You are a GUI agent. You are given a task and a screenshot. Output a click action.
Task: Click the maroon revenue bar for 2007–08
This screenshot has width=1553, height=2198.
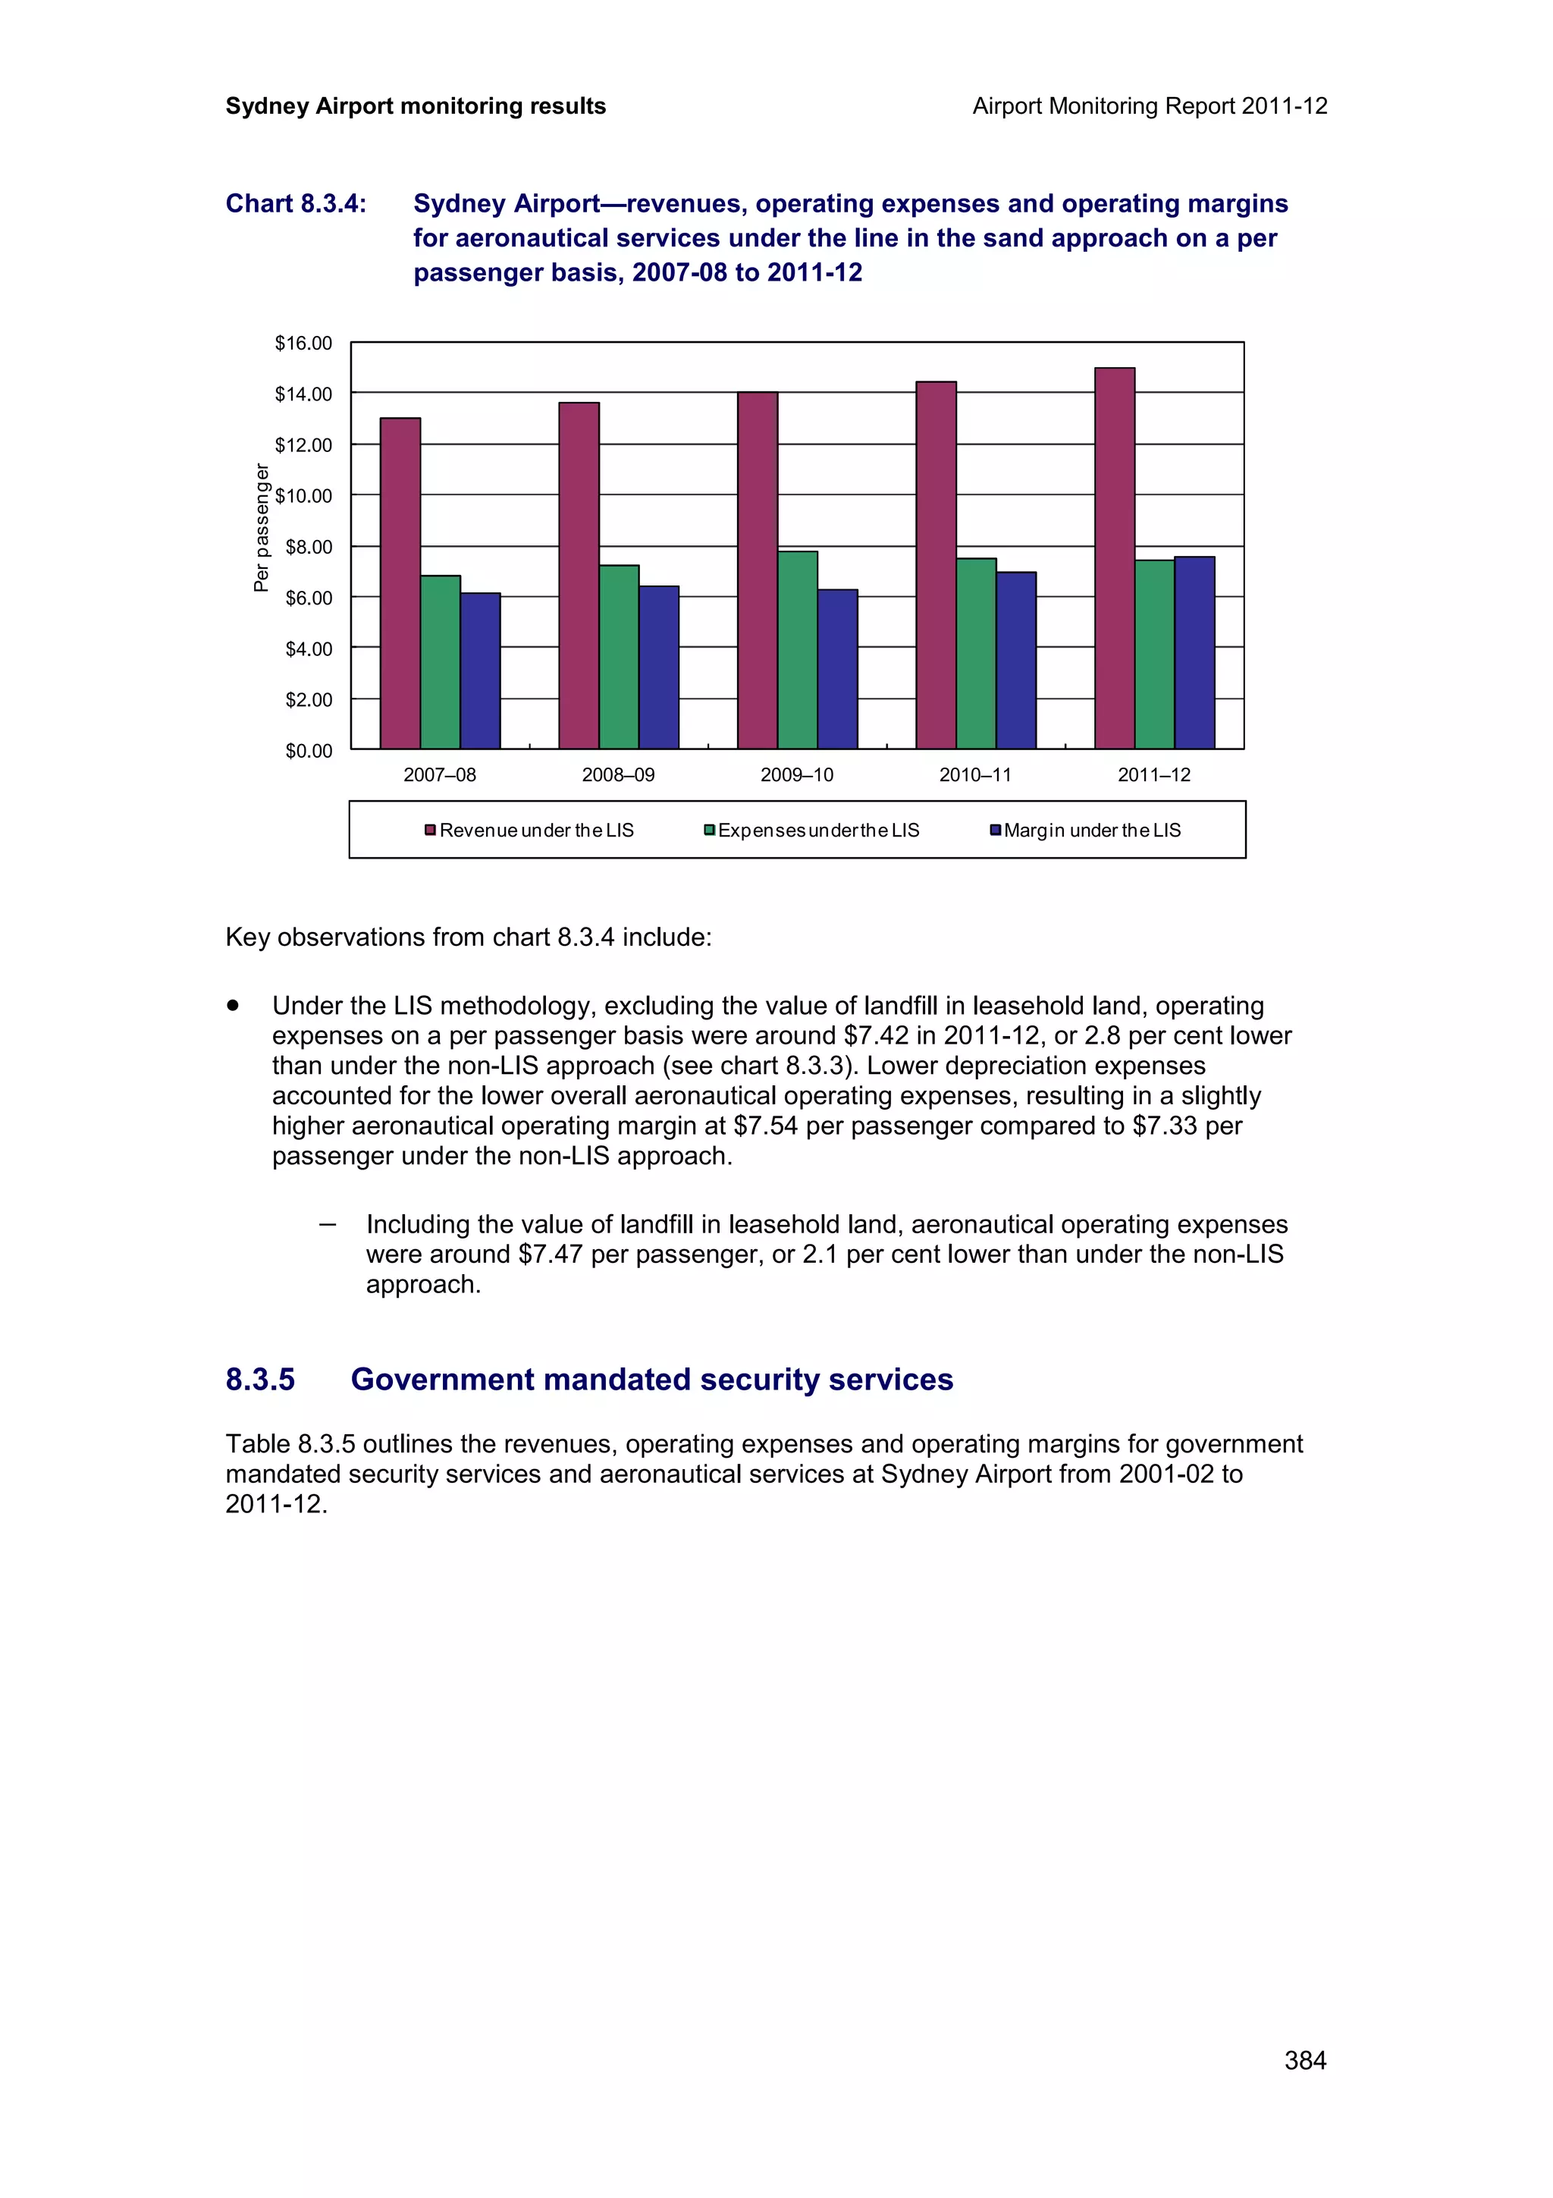pyautogui.click(x=400, y=583)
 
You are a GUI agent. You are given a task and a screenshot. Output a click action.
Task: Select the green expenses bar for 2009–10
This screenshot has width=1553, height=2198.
pyautogui.click(x=797, y=650)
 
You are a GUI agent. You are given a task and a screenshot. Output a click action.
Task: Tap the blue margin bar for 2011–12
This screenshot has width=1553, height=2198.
pyautogui.click(x=1194, y=653)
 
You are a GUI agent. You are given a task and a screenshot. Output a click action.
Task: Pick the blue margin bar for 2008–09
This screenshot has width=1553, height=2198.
pyautogui.click(x=658, y=667)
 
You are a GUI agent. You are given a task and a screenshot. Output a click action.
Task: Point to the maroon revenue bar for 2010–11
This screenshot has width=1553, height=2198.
pyautogui.click(x=936, y=565)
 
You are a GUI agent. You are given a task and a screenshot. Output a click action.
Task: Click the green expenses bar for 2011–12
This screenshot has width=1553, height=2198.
pyautogui.click(x=1154, y=655)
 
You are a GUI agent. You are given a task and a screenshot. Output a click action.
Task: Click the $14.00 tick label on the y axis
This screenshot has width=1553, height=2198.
pyautogui.click(x=303, y=394)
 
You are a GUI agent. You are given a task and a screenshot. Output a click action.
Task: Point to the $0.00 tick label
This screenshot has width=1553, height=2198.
pyautogui.click(x=308, y=752)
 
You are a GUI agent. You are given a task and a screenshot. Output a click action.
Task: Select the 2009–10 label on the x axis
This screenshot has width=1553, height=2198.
pyautogui.click(x=796, y=775)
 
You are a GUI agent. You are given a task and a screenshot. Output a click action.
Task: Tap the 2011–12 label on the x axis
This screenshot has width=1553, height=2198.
pyautogui.click(x=1154, y=775)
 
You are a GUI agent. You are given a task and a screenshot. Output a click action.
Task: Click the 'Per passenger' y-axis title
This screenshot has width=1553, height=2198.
pyautogui.click(x=261, y=527)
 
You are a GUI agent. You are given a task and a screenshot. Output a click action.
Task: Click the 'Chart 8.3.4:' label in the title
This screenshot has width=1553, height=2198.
pyautogui.click(x=296, y=204)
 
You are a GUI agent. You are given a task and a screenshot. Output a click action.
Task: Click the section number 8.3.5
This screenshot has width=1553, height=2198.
pyautogui.click(x=260, y=1380)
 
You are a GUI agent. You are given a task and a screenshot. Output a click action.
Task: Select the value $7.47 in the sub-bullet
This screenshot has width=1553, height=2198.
pyautogui.click(x=551, y=1254)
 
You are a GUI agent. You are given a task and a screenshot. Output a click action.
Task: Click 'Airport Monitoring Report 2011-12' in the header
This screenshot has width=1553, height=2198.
pyautogui.click(x=1149, y=106)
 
